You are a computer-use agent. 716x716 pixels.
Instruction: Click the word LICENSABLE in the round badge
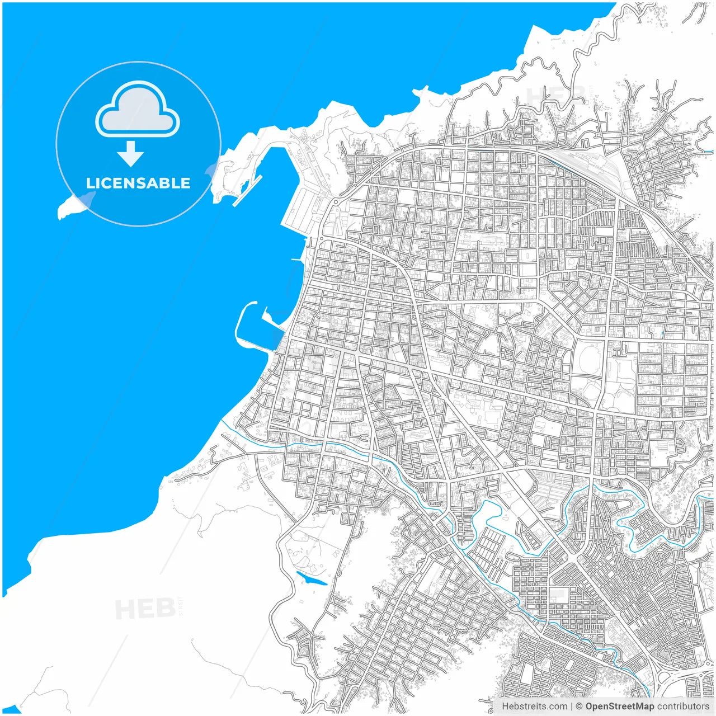pos(138,183)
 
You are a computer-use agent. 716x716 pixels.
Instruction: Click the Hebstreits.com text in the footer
pos(534,706)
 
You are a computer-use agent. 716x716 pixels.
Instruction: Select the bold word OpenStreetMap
pos(620,706)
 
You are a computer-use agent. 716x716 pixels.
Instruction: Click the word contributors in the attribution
pos(682,706)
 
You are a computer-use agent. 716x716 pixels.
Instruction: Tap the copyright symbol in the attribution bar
pos(580,706)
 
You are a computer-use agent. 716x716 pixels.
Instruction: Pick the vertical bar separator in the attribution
pos(572,706)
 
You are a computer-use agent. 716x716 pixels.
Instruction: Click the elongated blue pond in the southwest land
pos(311,579)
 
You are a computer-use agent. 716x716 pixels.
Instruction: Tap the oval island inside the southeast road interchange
pos(667,679)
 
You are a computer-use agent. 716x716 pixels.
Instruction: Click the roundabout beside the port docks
pos(336,200)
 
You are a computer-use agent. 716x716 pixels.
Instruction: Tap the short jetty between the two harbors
pos(296,260)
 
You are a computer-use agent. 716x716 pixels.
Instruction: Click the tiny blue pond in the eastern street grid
pos(662,334)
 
